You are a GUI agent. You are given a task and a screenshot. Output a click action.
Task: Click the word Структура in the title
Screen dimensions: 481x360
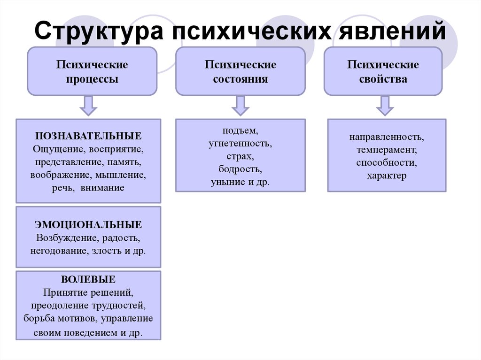point(99,31)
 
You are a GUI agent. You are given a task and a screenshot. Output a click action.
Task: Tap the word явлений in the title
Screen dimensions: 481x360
point(392,31)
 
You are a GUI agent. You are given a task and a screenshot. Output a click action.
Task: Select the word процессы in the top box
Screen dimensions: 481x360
point(92,79)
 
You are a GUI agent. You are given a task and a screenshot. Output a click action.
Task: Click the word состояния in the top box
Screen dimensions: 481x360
point(240,79)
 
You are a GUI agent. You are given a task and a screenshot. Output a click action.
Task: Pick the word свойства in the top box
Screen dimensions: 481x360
point(383,79)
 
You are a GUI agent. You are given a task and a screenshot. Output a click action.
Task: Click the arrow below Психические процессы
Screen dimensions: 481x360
point(88,106)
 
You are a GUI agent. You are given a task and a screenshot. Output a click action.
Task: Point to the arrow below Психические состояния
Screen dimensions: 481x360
point(240,106)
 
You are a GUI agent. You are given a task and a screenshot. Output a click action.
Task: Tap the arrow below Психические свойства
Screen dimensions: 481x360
point(385,106)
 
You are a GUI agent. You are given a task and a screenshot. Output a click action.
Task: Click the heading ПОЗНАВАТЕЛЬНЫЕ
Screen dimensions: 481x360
point(88,136)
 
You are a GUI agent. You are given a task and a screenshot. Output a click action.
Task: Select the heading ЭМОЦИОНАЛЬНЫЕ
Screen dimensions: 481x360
point(88,224)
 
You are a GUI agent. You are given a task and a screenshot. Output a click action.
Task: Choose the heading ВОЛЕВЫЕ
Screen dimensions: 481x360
point(88,279)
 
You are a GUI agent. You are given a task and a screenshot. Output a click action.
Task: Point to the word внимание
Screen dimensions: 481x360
point(102,188)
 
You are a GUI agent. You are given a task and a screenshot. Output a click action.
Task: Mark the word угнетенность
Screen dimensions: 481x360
point(240,144)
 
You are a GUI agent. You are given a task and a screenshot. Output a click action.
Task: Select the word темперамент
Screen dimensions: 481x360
point(387,150)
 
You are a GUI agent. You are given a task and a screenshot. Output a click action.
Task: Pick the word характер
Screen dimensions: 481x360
point(387,176)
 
